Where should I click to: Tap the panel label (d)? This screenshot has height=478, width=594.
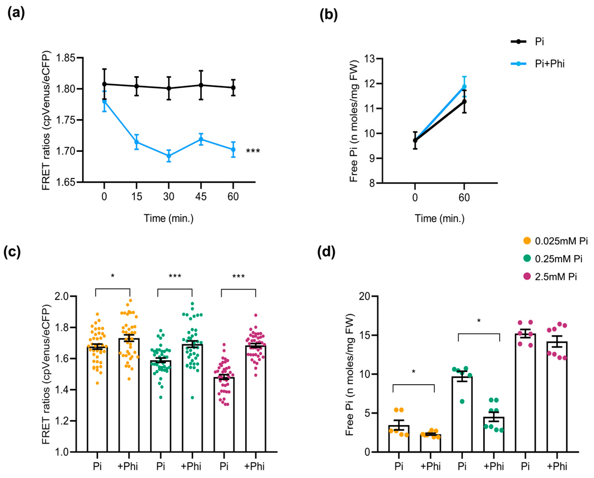pos(327,252)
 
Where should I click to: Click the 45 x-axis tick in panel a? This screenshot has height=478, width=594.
pos(201,197)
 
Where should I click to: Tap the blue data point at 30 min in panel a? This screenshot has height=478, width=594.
pos(169,156)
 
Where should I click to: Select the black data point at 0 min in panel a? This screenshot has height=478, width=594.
pos(104,84)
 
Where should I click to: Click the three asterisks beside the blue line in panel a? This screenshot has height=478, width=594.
pos(253,151)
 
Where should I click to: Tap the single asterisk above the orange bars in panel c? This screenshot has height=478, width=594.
pos(113,275)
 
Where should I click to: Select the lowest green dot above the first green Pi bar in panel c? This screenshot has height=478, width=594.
pos(161,397)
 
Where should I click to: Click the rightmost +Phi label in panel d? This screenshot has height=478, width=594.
pos(557,466)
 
